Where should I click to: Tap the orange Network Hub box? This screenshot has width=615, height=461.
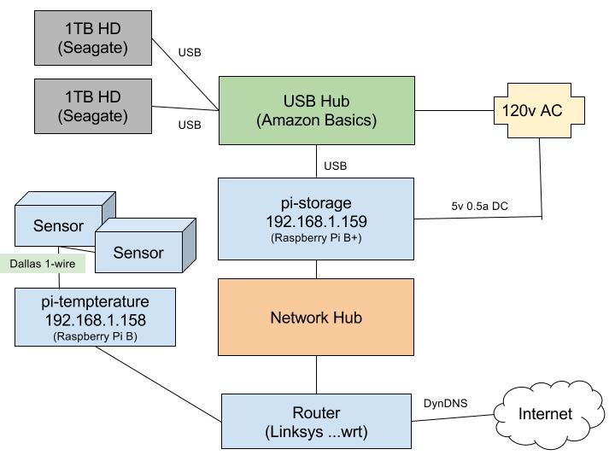point(316,317)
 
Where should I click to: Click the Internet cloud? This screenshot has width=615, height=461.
point(546,414)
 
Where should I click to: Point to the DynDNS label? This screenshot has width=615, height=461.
point(446,401)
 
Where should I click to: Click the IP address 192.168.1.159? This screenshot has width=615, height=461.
point(316,222)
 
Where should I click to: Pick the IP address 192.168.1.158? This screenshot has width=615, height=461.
point(94,320)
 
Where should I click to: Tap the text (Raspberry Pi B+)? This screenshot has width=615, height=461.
point(316,238)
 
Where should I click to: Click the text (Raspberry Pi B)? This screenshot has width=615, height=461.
point(94,336)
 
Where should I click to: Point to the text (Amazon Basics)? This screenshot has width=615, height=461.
point(316,120)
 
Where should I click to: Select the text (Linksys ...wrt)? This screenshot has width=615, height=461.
point(316,431)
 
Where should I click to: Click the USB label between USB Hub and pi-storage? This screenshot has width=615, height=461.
point(335,166)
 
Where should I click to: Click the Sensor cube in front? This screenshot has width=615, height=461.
point(138,253)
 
